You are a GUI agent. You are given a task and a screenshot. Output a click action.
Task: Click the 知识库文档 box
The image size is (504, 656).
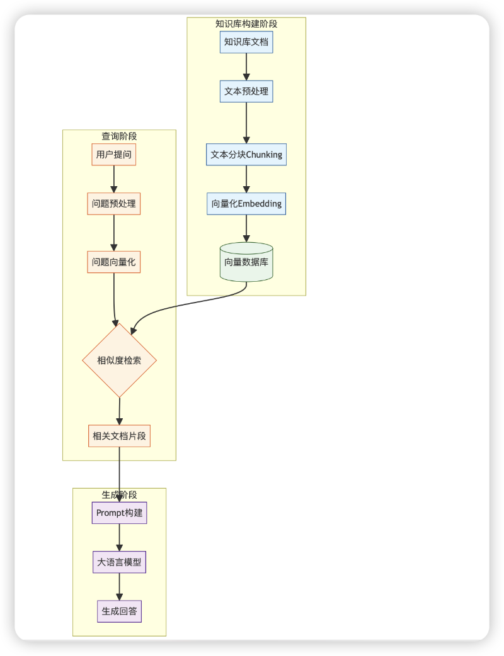pyautogui.click(x=246, y=42)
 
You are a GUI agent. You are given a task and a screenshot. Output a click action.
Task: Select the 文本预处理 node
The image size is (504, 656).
pyautogui.click(x=246, y=91)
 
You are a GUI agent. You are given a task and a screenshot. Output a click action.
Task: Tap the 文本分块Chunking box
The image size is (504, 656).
pyautogui.click(x=246, y=154)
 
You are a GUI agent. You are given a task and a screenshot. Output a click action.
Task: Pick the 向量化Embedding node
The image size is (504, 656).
pyautogui.click(x=246, y=204)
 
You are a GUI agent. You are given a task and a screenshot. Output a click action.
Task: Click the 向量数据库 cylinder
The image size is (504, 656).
pyautogui.click(x=246, y=262)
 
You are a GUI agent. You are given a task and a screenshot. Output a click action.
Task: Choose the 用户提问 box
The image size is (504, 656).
pyautogui.click(x=114, y=154)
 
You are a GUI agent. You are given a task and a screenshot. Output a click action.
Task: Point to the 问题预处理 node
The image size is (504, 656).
pyautogui.click(x=114, y=204)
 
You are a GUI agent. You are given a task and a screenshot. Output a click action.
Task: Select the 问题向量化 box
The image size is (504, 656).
pyautogui.click(x=114, y=262)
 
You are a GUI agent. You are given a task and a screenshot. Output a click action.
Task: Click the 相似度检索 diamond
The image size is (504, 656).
pyautogui.click(x=119, y=360)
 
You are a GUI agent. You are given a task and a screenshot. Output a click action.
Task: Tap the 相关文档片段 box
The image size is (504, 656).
pyautogui.click(x=119, y=435)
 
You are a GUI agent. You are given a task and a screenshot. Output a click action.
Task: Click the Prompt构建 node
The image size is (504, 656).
pyautogui.click(x=119, y=513)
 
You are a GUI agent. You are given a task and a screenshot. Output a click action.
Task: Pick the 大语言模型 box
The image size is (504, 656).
pyautogui.click(x=119, y=562)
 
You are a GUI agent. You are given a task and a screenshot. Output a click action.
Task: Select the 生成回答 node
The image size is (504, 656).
pyautogui.click(x=119, y=611)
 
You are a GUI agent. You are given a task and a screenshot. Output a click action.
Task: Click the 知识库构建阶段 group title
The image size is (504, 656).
pyautogui.click(x=246, y=24)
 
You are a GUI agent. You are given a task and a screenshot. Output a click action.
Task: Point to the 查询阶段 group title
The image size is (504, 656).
pyautogui.click(x=119, y=136)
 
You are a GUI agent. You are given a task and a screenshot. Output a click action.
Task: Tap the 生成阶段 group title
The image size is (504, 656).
pyautogui.click(x=119, y=494)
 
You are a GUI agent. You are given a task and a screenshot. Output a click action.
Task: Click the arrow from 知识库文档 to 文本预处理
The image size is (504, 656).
pyautogui.click(x=246, y=67)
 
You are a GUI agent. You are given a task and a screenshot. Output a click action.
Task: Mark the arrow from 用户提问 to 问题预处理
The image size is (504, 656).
pyautogui.click(x=114, y=179)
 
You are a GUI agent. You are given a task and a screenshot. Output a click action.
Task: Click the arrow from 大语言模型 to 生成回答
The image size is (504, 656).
pyautogui.click(x=119, y=586)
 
